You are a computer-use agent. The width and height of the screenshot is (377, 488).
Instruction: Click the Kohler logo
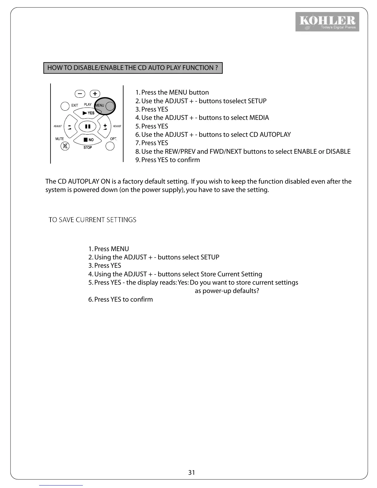[327, 22]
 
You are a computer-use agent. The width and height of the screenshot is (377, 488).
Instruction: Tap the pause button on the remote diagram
[88, 126]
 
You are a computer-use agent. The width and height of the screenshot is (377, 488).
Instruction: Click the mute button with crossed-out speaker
[65, 146]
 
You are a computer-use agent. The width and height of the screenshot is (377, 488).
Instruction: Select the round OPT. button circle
[110, 146]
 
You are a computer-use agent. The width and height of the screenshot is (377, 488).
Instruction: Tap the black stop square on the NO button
[86, 140]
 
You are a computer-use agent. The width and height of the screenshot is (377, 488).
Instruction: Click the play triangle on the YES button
[85, 113]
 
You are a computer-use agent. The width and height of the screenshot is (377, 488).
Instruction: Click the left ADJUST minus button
[70, 127]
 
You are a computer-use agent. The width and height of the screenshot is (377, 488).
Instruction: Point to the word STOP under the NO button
[88, 148]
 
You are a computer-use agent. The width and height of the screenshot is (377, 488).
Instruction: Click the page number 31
[192, 472]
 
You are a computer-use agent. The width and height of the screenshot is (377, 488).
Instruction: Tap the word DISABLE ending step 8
[338, 152]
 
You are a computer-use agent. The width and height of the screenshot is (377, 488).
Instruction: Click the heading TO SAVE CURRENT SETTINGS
[92, 220]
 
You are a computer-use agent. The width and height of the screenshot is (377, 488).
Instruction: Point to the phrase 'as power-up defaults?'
[227, 291]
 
